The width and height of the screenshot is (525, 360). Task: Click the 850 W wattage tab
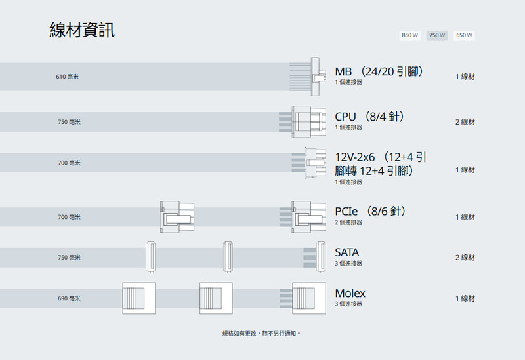[x=409, y=35]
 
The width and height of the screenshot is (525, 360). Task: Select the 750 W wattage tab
[x=437, y=35]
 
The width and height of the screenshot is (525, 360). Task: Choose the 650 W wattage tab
[x=464, y=35]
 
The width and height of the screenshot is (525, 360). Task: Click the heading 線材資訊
[x=82, y=30]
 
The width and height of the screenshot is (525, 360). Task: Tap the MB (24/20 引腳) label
[x=379, y=71]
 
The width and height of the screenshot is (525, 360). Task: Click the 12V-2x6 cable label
[x=381, y=164]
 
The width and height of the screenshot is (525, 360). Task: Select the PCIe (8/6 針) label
[x=371, y=211]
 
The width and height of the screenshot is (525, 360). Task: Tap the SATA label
[x=347, y=252]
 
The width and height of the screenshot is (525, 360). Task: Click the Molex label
[x=350, y=293]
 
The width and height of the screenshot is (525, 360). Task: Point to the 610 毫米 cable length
[x=68, y=77]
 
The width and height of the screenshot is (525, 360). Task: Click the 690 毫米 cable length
[x=69, y=299]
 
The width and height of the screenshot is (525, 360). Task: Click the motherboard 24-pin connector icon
[x=308, y=77]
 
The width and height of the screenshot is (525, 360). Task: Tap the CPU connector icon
[x=308, y=121]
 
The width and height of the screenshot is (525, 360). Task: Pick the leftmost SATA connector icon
[x=150, y=257]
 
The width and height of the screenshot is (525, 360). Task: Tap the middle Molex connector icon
[x=216, y=298]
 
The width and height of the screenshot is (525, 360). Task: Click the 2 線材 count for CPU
[x=465, y=122]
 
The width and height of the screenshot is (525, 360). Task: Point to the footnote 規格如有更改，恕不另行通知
[x=262, y=334]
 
